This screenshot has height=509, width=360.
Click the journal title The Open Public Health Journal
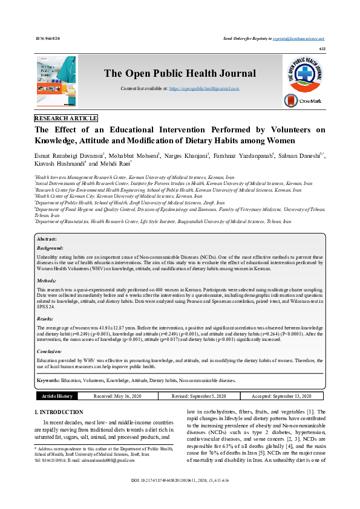(180, 74)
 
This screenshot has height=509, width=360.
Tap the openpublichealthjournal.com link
(204, 88)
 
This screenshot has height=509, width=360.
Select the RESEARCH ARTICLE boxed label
(66, 118)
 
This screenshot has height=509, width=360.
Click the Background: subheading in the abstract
(50, 248)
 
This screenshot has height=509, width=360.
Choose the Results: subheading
(46, 318)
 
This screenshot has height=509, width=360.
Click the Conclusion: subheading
(50, 351)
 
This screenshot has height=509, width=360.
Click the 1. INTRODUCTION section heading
(59, 412)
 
